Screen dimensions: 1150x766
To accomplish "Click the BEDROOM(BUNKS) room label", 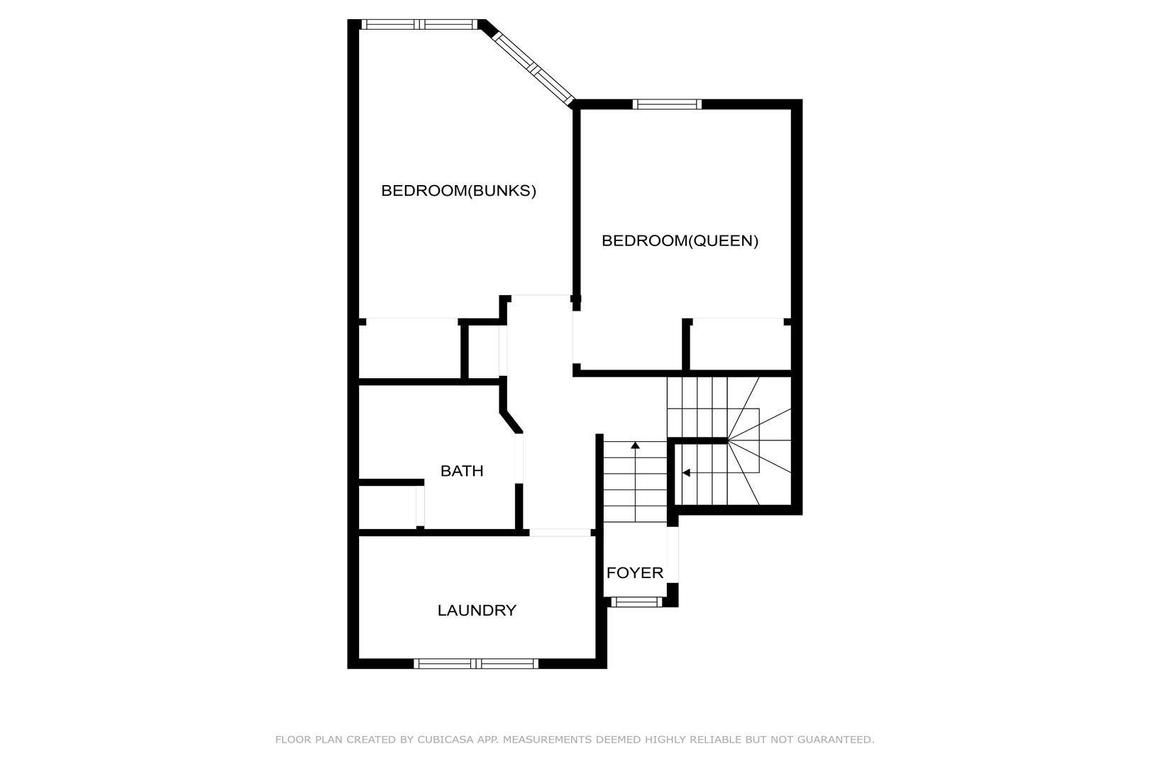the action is (458, 191).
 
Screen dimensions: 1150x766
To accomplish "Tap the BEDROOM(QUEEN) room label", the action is (680, 240).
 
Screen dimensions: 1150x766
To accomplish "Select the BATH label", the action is (462, 471).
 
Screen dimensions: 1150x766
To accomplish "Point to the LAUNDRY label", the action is (477, 611).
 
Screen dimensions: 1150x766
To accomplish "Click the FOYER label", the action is (634, 573).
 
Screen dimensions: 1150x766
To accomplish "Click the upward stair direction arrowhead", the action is (635, 445).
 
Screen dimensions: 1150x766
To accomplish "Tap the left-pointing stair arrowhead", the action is (686, 472).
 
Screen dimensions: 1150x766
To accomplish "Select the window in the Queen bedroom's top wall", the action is (667, 104).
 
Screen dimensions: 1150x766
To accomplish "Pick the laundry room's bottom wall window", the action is (476, 664).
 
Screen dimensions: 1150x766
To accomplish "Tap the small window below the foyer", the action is (636, 601).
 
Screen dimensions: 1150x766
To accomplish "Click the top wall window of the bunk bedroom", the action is (419, 24).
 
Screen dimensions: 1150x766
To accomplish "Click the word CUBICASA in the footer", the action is (446, 740).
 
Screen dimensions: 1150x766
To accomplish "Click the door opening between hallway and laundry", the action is (560, 533).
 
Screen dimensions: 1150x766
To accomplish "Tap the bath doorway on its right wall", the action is (519, 458).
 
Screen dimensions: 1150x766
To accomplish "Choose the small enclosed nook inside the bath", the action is (387, 506).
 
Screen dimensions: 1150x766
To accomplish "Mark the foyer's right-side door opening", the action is (673, 555).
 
